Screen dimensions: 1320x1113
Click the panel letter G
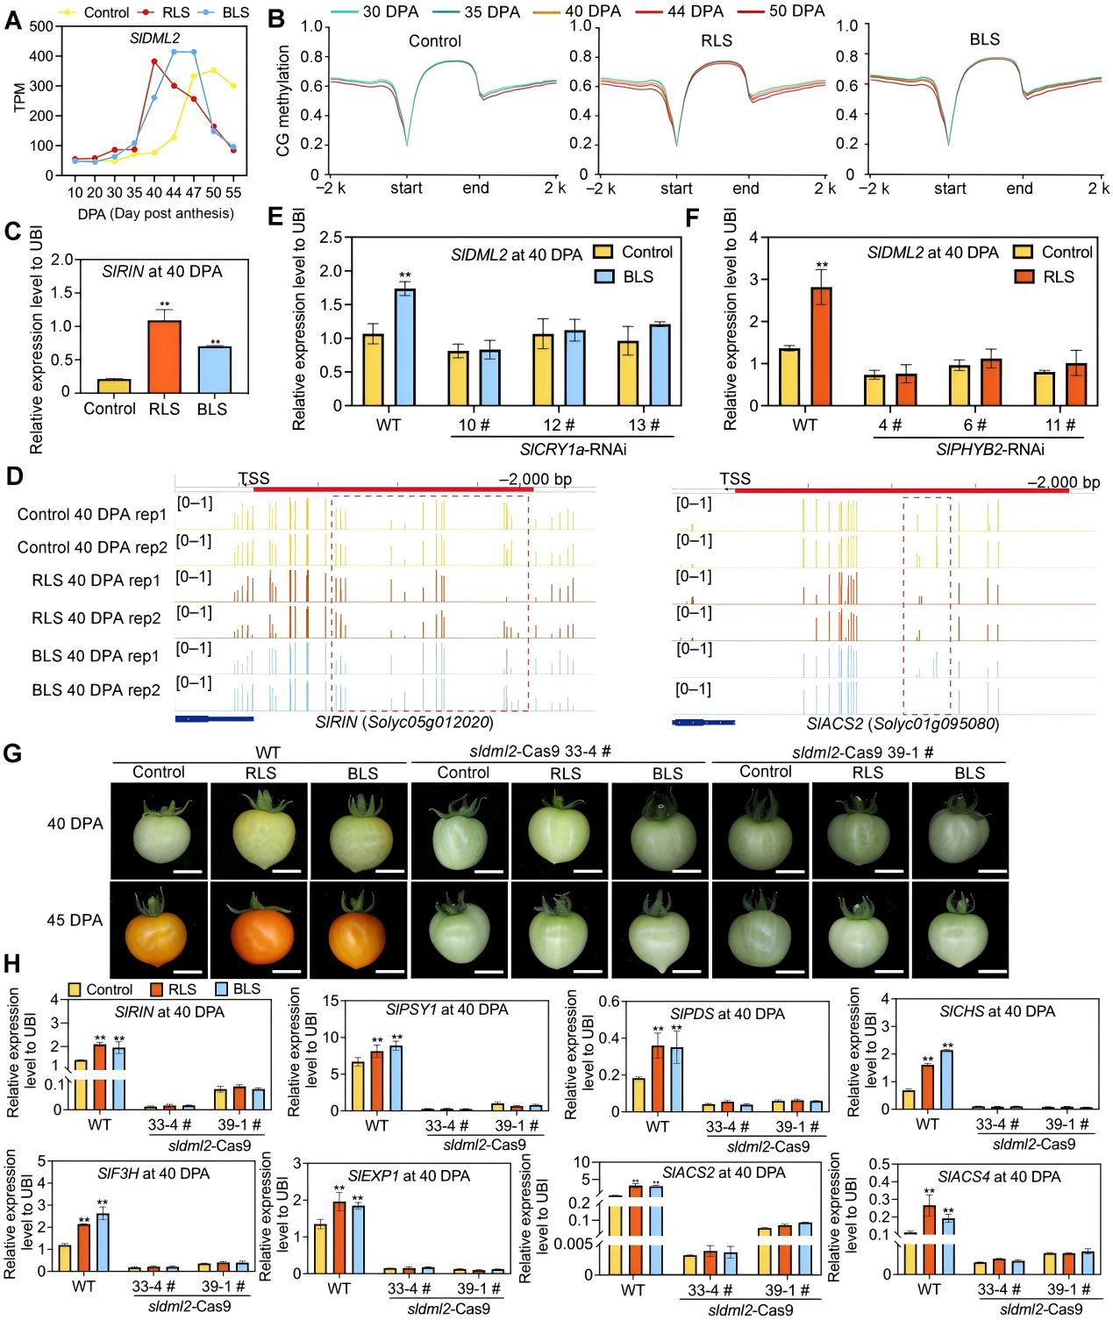tap(12, 753)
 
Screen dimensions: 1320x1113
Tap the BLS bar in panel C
tap(213, 369)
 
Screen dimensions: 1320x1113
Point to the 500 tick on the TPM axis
tap(41, 26)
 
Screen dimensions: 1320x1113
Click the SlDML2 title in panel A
tap(154, 39)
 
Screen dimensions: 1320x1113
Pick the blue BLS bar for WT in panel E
tap(405, 347)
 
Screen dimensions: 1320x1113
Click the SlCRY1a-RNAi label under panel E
tap(573, 449)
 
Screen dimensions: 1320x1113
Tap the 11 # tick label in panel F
tap(1059, 425)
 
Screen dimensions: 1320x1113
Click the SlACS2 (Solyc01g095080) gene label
tap(903, 724)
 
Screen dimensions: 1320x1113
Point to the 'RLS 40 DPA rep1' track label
tap(96, 581)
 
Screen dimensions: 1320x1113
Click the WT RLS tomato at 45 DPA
tap(261, 931)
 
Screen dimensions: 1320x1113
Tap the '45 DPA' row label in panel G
tap(75, 920)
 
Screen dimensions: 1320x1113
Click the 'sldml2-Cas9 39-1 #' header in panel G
tap(861, 753)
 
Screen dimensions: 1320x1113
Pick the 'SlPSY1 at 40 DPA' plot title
tap(446, 1010)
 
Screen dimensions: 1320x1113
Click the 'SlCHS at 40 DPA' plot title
tap(997, 1011)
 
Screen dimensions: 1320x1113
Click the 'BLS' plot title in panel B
tap(984, 39)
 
